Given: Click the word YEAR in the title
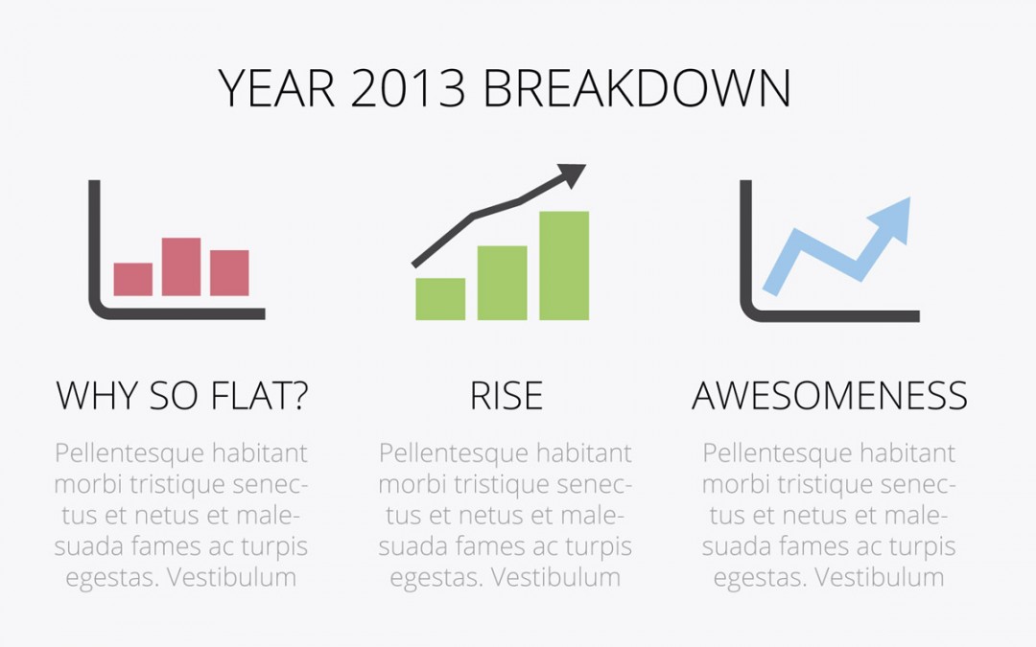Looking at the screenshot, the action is click(276, 88).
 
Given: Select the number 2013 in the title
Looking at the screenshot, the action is click(409, 88).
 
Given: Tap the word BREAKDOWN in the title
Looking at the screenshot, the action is click(637, 88).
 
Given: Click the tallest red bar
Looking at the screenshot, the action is click(181, 266).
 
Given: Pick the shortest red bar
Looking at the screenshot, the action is click(132, 279).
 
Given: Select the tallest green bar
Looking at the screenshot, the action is click(564, 266).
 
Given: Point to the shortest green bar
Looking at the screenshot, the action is click(440, 299).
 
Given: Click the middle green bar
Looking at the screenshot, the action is click(502, 283).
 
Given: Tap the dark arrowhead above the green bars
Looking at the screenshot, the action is click(570, 175).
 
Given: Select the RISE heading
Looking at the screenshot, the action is click(506, 396).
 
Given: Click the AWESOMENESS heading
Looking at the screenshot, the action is click(829, 396).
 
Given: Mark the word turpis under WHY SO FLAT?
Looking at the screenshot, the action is click(274, 547).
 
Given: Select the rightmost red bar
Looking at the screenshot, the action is click(229, 272).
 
